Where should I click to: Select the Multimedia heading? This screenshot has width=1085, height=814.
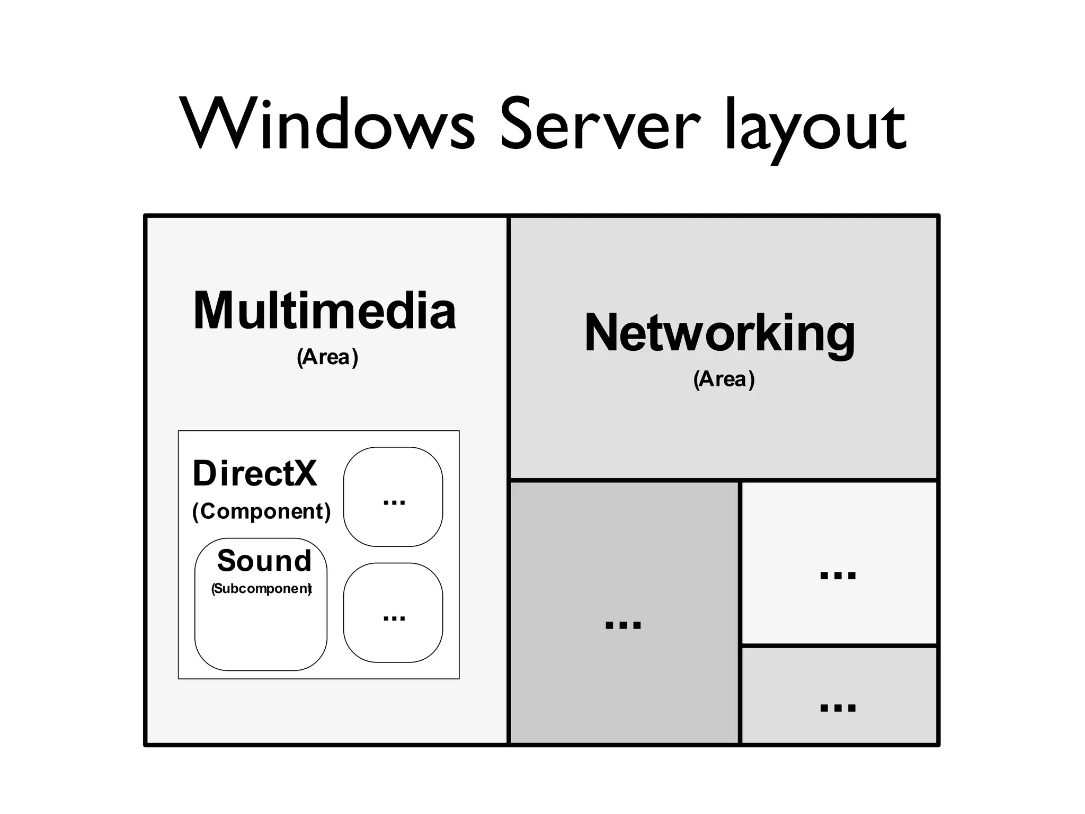(x=324, y=311)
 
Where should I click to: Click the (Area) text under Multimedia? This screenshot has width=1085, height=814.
(x=327, y=357)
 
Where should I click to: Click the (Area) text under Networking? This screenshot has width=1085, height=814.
(x=724, y=379)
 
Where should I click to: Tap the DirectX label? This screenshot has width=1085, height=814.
(x=254, y=473)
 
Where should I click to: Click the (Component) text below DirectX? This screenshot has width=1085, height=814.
(x=261, y=511)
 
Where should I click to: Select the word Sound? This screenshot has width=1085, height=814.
(x=264, y=561)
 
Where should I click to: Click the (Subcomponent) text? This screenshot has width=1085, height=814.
(x=261, y=589)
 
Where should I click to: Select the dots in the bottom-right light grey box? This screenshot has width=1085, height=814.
(x=838, y=708)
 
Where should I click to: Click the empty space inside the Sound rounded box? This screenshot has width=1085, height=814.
(x=261, y=633)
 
